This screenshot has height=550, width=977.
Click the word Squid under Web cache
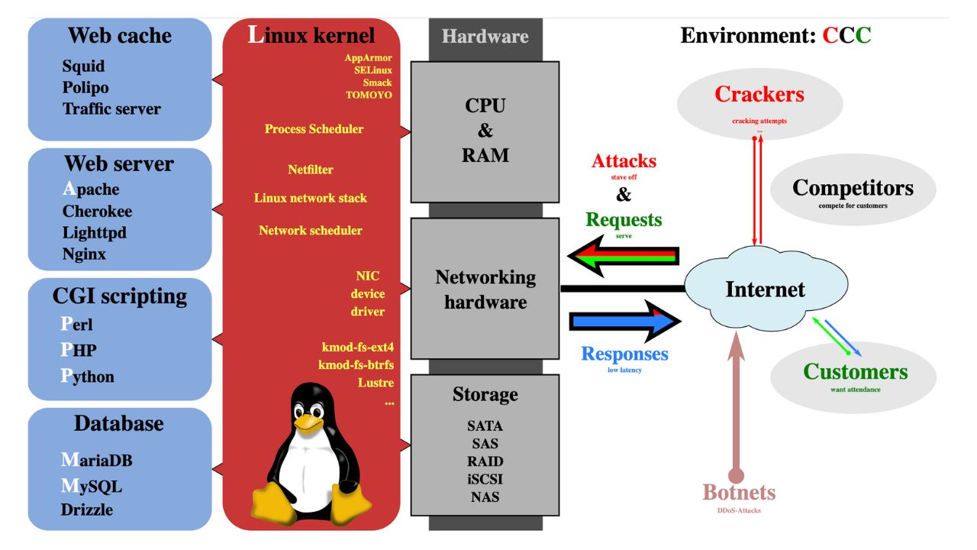[x=83, y=66]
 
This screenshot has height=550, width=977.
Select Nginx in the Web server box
[x=84, y=254]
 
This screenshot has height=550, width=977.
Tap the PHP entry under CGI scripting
[x=79, y=350]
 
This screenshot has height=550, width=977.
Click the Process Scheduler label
[x=314, y=129]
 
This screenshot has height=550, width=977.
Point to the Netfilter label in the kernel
[x=311, y=170]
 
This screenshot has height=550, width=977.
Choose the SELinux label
[x=372, y=70]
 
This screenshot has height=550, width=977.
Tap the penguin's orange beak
[x=309, y=422]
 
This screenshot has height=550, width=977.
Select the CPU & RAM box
[x=485, y=130]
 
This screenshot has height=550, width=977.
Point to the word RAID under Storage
[x=485, y=461]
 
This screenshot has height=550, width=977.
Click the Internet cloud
[x=765, y=290]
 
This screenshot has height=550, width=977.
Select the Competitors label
[x=853, y=188]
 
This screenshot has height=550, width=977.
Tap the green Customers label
[x=855, y=372]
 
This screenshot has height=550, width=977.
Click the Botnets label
[x=739, y=492]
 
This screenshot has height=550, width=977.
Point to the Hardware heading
[x=485, y=36]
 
